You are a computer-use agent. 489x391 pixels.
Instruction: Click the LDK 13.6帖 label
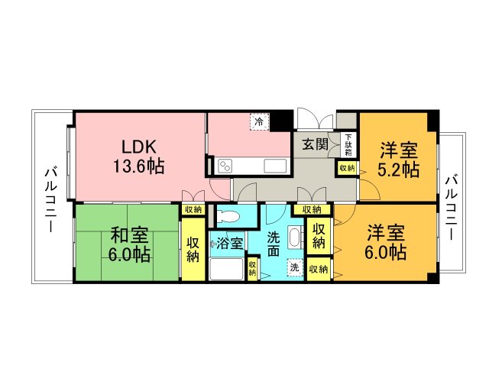tap(138, 157)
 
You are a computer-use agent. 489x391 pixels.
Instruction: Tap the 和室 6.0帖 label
tap(129, 244)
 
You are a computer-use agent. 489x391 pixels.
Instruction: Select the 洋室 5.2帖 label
tap(398, 160)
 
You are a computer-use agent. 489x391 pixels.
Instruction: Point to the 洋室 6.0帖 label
tap(385, 242)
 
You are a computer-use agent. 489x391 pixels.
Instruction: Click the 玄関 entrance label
tap(316, 144)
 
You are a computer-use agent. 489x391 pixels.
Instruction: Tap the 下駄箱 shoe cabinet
tap(348, 145)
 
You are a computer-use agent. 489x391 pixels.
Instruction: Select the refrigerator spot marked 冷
tap(258, 121)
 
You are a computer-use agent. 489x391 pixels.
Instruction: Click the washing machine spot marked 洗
tap(295, 267)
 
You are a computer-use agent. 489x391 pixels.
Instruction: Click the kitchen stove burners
tap(225, 166)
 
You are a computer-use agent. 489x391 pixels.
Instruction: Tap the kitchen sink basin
tap(275, 166)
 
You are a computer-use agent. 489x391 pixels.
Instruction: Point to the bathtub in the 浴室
tap(226, 269)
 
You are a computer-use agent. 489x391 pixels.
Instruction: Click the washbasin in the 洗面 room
tap(295, 238)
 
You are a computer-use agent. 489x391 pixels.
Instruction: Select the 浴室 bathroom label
tap(229, 243)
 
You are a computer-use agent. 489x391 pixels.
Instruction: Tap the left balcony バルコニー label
tap(51, 201)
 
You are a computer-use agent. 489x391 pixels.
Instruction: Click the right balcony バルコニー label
tap(452, 208)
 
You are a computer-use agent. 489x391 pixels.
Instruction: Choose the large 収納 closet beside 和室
tap(193, 250)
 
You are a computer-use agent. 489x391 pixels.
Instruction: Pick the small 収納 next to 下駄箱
tap(347, 168)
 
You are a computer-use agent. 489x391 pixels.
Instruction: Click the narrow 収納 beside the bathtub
tap(252, 268)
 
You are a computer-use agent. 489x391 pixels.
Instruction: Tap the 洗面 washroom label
tap(274, 244)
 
